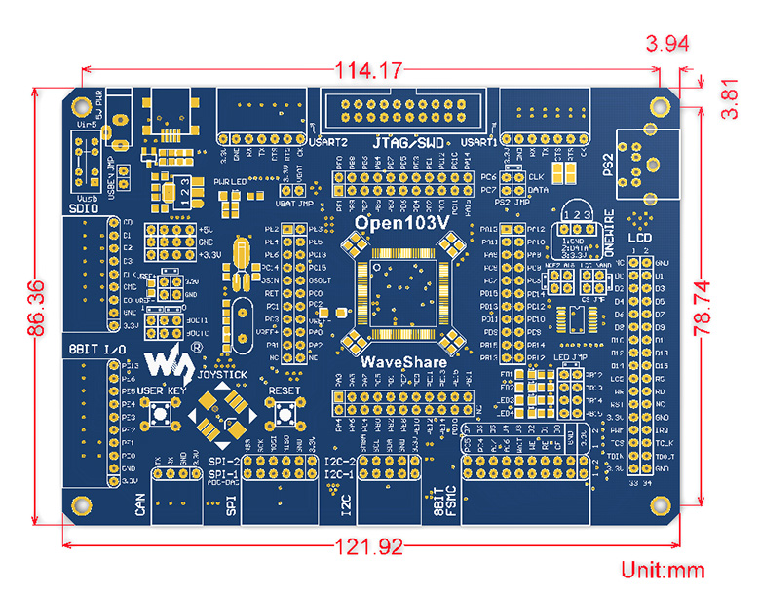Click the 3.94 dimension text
(667, 43)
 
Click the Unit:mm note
(663, 571)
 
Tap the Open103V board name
(401, 222)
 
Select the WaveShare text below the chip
(403, 362)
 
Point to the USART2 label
(323, 142)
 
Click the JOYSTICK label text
(215, 372)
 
